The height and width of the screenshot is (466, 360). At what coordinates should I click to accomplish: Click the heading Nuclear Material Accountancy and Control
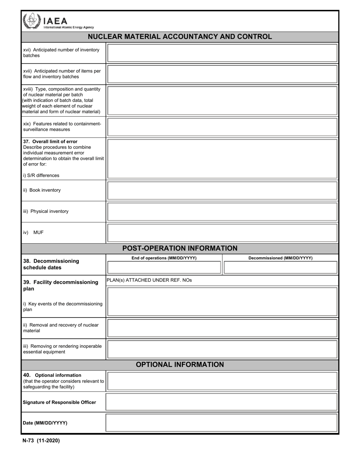[180, 37]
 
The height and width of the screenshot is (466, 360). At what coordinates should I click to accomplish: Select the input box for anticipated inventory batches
[222, 53]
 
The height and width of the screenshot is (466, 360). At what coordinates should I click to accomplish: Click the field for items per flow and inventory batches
[222, 74]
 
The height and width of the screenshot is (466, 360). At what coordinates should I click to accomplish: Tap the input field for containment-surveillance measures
[222, 127]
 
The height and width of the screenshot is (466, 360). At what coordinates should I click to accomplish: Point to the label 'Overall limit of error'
[50, 141]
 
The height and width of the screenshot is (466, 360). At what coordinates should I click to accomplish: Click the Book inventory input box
[222, 191]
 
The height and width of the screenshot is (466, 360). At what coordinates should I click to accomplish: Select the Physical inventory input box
[222, 212]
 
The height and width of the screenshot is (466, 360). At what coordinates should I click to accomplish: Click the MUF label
[38, 232]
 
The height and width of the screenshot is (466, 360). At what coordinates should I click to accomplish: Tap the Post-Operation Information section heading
[180, 249]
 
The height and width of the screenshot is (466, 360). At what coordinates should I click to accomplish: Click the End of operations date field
[164, 267]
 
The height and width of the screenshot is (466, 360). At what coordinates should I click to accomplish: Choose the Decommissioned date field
[280, 267]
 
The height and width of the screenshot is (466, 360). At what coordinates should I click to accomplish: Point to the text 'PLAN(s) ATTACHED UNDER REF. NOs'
[149, 280]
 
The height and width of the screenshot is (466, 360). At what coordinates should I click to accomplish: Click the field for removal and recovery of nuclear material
[222, 328]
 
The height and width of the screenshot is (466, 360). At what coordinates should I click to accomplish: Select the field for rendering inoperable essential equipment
[222, 349]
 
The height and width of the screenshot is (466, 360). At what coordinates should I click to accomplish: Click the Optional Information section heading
[180, 364]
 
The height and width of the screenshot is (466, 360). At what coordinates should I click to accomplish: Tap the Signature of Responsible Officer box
[222, 402]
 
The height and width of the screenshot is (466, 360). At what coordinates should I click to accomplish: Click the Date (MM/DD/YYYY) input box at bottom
[222, 423]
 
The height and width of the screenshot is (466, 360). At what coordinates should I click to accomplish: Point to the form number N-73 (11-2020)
[41, 441]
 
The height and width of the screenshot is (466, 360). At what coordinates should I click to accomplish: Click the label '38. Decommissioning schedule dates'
[51, 264]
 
